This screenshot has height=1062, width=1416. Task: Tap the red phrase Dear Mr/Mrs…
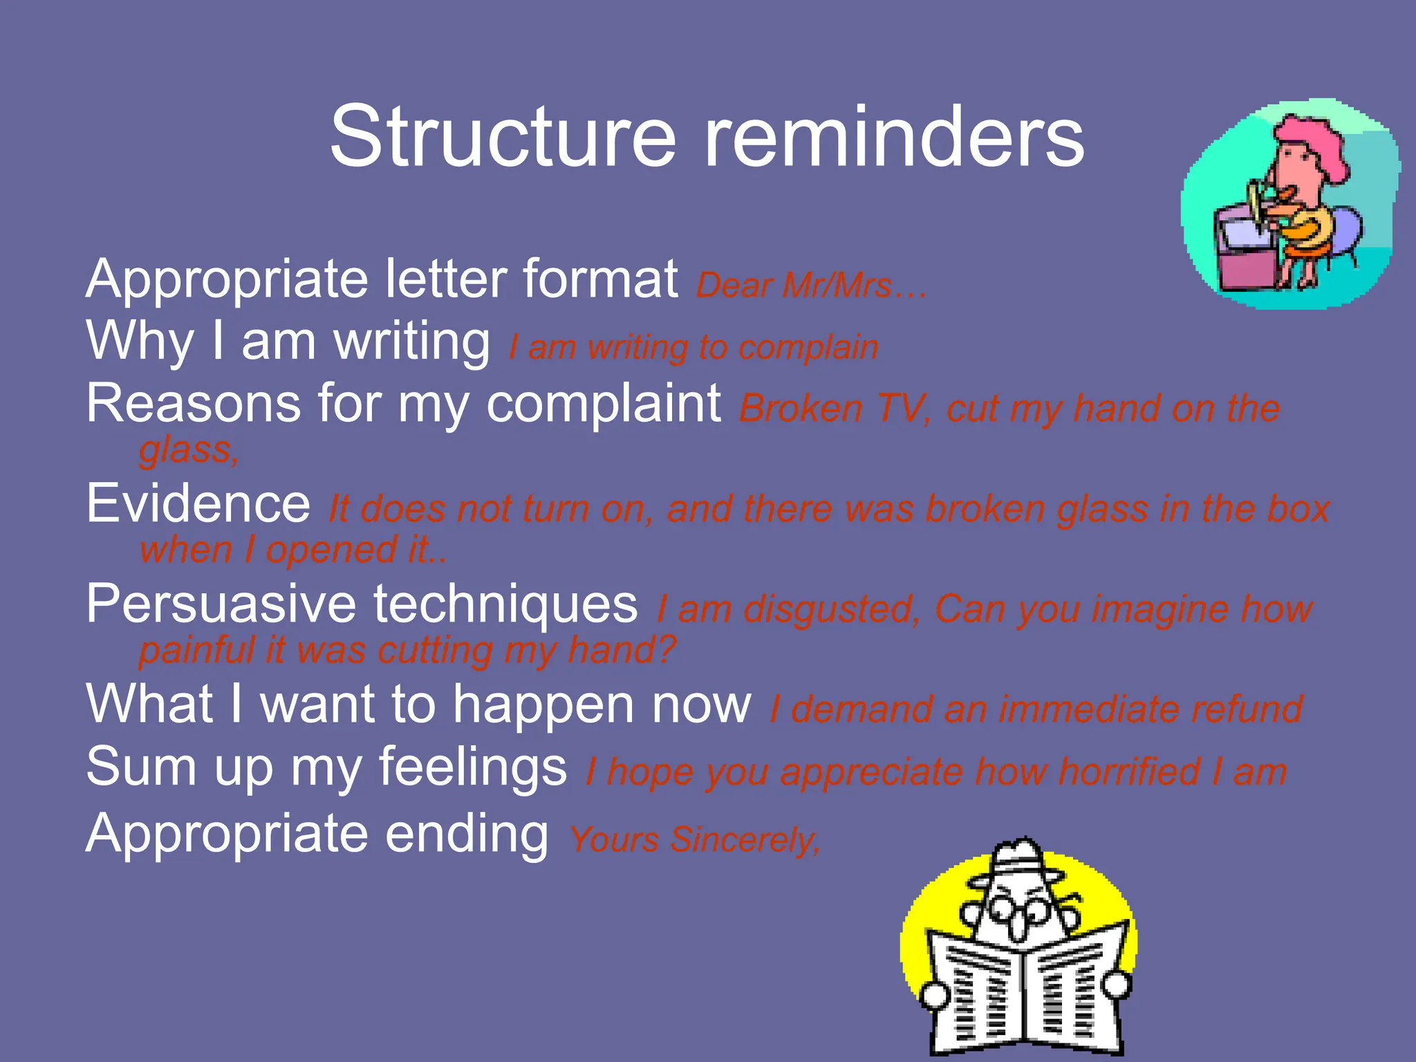(810, 286)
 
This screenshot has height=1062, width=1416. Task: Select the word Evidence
(198, 504)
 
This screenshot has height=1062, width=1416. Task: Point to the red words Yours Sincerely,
(694, 840)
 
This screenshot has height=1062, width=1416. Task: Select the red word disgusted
(832, 610)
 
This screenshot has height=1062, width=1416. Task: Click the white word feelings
(473, 767)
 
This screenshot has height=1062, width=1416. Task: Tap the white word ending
(467, 835)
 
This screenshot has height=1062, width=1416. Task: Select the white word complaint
(604, 404)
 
